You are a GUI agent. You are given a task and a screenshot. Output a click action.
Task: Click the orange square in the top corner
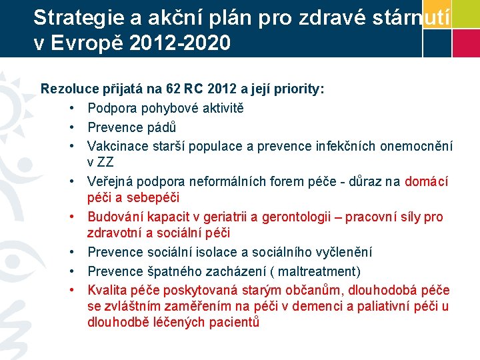tap(436, 13)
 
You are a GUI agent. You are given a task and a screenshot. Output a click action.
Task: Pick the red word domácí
tap(426, 181)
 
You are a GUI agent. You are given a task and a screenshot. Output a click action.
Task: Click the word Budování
tap(115, 217)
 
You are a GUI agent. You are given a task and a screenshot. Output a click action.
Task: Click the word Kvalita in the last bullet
tap(107, 290)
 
